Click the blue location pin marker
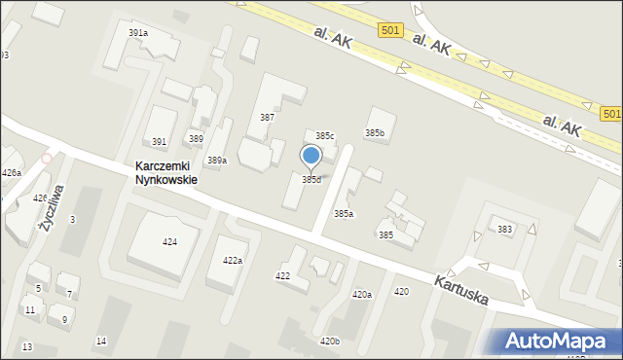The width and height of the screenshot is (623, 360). click(311, 157)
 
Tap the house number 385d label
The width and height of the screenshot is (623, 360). click(311, 179)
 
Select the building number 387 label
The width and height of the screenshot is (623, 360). click(267, 117)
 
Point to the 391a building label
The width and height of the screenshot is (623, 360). click(138, 33)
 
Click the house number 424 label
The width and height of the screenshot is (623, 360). click(169, 241)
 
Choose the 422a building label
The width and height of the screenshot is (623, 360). click(232, 260)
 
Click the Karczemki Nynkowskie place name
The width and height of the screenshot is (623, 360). click(166, 173)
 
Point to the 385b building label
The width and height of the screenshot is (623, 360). click(375, 132)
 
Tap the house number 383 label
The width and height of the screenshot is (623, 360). click(504, 229)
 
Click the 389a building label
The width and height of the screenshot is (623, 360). click(217, 161)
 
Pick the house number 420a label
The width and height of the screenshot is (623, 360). click(361, 294)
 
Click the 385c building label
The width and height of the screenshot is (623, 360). click(324, 135)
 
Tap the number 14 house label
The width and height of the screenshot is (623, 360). click(101, 341)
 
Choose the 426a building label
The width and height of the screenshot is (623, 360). click(12, 173)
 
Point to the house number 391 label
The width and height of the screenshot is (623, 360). click(159, 141)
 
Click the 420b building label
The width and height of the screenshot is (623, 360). click(330, 341)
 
